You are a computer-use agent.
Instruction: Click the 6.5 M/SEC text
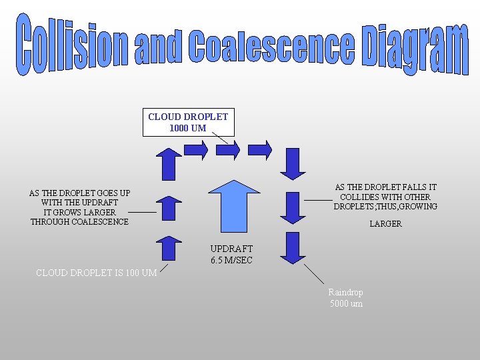click(231, 260)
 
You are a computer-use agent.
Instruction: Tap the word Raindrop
click(345, 292)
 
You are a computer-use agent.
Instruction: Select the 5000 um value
click(347, 304)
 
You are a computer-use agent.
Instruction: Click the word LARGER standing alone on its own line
click(386, 224)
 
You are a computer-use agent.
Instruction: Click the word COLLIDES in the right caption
click(364, 197)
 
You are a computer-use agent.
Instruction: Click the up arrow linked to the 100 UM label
click(169, 248)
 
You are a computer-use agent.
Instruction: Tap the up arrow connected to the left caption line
click(169, 207)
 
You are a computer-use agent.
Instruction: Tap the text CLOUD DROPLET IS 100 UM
click(96, 272)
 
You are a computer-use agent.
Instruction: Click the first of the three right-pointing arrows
click(195, 150)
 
